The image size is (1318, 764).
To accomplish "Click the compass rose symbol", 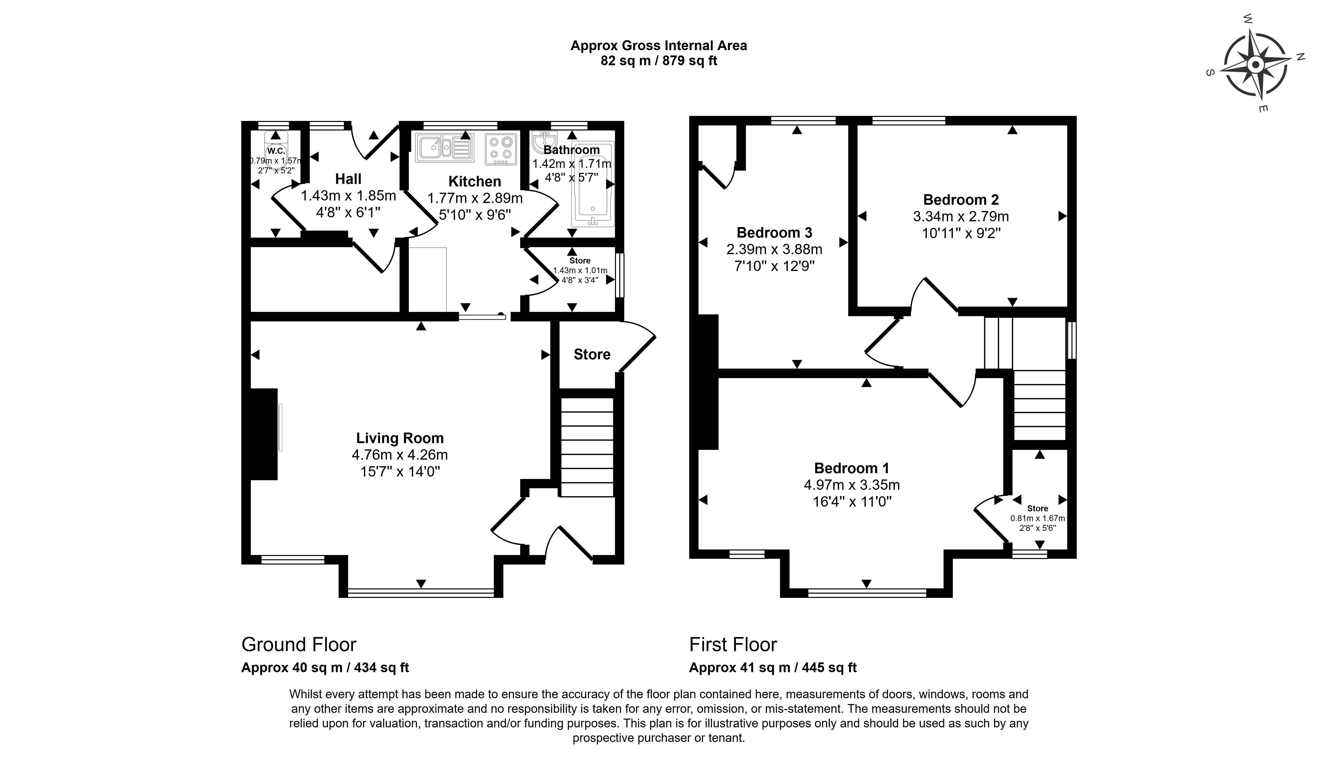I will click(x=1255, y=65).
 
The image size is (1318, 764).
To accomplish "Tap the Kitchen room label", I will click(x=474, y=182).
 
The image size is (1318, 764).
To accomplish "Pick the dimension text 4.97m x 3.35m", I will click(x=851, y=484).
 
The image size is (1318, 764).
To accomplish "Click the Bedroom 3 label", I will click(x=774, y=232).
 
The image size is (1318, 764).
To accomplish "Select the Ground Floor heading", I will click(x=299, y=644).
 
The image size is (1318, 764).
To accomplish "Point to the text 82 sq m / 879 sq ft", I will click(x=658, y=61).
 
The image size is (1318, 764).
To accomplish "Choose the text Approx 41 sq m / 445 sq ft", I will click(x=772, y=668).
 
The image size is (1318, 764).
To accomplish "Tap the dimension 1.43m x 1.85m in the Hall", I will click(x=348, y=196).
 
